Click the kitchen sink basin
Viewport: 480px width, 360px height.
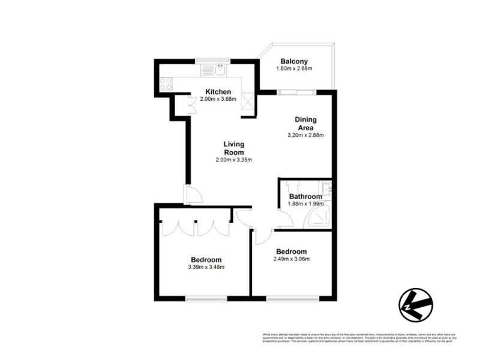pyautogui.click(x=220, y=70)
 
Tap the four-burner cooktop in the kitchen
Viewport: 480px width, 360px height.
pyautogui.click(x=166, y=83)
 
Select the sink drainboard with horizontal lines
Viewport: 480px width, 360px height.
pyautogui.click(x=208, y=70)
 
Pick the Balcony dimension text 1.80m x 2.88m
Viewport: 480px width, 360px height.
pyautogui.click(x=294, y=69)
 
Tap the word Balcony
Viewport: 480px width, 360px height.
pyautogui.click(x=294, y=61)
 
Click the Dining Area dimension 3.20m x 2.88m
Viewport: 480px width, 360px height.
pyautogui.click(x=305, y=135)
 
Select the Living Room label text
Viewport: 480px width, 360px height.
pyautogui.click(x=233, y=148)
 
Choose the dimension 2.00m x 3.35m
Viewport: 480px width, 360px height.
pyautogui.click(x=233, y=160)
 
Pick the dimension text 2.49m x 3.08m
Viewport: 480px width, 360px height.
pyautogui.click(x=291, y=259)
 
